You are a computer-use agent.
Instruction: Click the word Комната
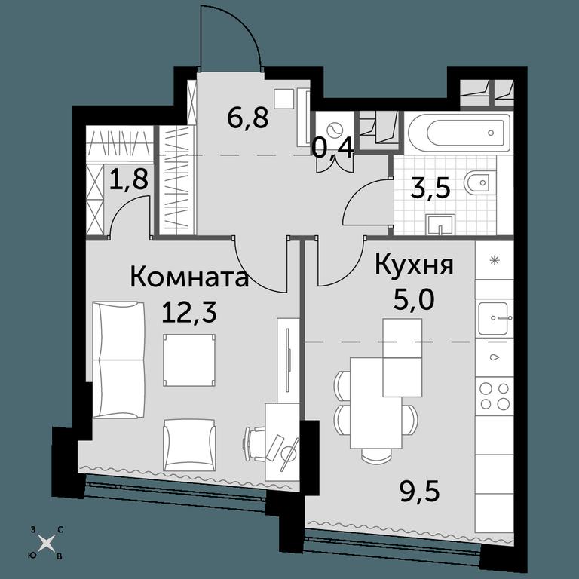coord(189,277)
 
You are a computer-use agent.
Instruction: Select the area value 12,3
coord(189,313)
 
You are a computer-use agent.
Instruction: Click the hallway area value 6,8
coord(248,118)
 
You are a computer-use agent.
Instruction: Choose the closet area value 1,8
coord(129,179)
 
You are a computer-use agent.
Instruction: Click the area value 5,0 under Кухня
coord(414,300)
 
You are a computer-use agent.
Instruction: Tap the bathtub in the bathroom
coord(458,133)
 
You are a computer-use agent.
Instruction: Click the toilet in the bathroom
coord(479,182)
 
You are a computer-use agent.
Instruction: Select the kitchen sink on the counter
coord(494,317)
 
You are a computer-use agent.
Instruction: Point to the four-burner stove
coord(494,396)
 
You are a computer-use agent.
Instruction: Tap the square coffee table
coord(189,360)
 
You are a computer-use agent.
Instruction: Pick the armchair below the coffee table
coord(189,445)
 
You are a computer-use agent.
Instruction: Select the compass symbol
coord(47,543)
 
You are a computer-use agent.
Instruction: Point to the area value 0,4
coord(333,148)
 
